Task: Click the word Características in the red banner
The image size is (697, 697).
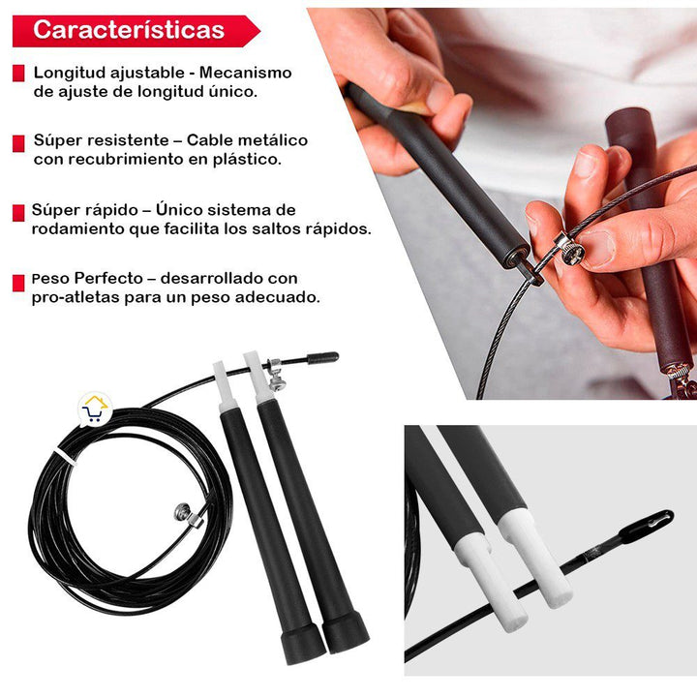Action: tap(129, 30)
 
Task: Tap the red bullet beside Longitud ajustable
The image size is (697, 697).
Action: tap(18, 74)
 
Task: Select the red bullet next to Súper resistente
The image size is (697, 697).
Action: tap(18, 142)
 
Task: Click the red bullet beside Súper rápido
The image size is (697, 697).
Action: tap(18, 212)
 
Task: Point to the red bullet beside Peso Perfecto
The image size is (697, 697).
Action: tap(18, 282)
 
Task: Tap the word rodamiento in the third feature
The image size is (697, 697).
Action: tap(77, 229)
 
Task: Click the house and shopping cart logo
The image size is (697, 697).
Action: tap(94, 410)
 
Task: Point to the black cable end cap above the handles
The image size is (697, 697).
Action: tap(322, 357)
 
